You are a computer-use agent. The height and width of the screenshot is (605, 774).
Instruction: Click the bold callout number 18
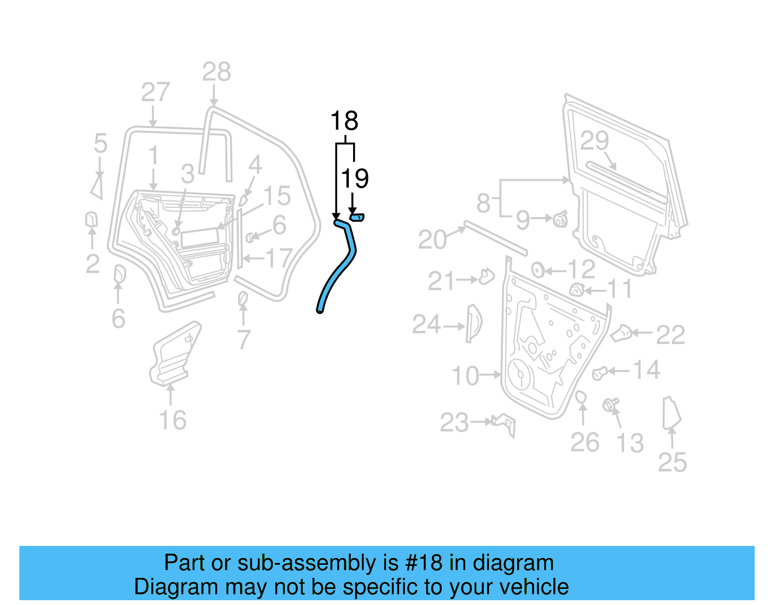(x=344, y=121)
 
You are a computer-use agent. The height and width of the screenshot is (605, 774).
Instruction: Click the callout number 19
(x=355, y=178)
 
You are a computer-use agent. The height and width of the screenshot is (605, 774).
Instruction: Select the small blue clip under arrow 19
(x=357, y=217)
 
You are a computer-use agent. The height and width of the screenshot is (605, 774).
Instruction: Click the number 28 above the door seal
(x=216, y=73)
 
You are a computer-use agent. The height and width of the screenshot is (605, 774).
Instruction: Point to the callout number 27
(x=155, y=92)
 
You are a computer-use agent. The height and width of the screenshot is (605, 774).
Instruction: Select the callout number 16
(x=173, y=420)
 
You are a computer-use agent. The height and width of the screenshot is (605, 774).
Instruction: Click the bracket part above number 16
(x=174, y=354)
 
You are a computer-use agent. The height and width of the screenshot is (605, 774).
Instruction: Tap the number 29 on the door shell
(x=594, y=141)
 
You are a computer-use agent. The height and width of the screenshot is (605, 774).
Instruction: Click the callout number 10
(x=465, y=376)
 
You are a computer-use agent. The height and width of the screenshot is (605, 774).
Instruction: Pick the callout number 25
(x=672, y=462)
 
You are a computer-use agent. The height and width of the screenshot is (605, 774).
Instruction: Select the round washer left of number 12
(x=537, y=269)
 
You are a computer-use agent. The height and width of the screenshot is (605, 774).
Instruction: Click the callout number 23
(x=454, y=423)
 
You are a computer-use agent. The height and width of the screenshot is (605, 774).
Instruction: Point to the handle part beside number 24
(x=473, y=323)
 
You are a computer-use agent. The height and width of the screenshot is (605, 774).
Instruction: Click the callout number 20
(x=432, y=240)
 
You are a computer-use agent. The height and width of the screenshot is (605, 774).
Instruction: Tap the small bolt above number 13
(x=610, y=404)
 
